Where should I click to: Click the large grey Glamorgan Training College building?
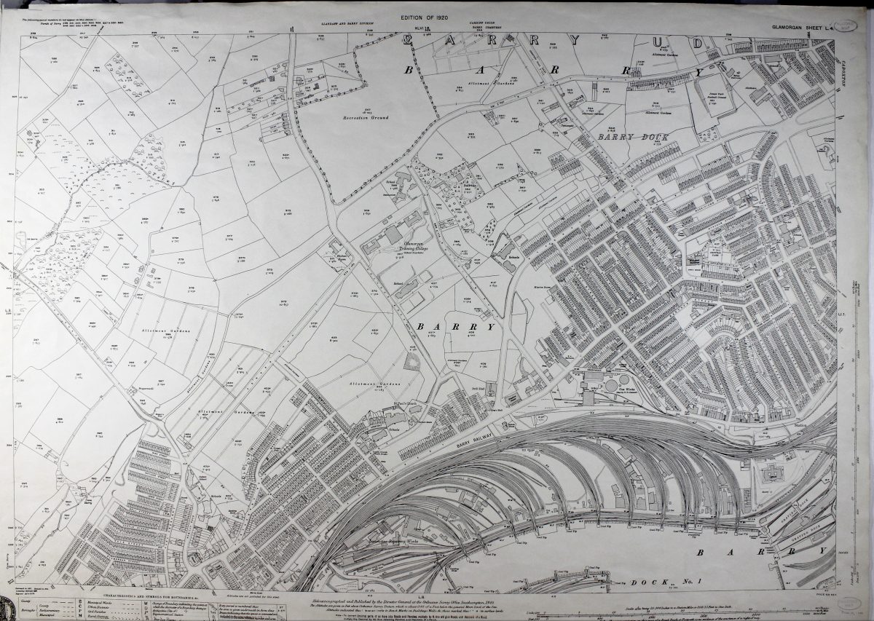point(393,234)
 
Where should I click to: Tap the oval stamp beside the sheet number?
point(846,28)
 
